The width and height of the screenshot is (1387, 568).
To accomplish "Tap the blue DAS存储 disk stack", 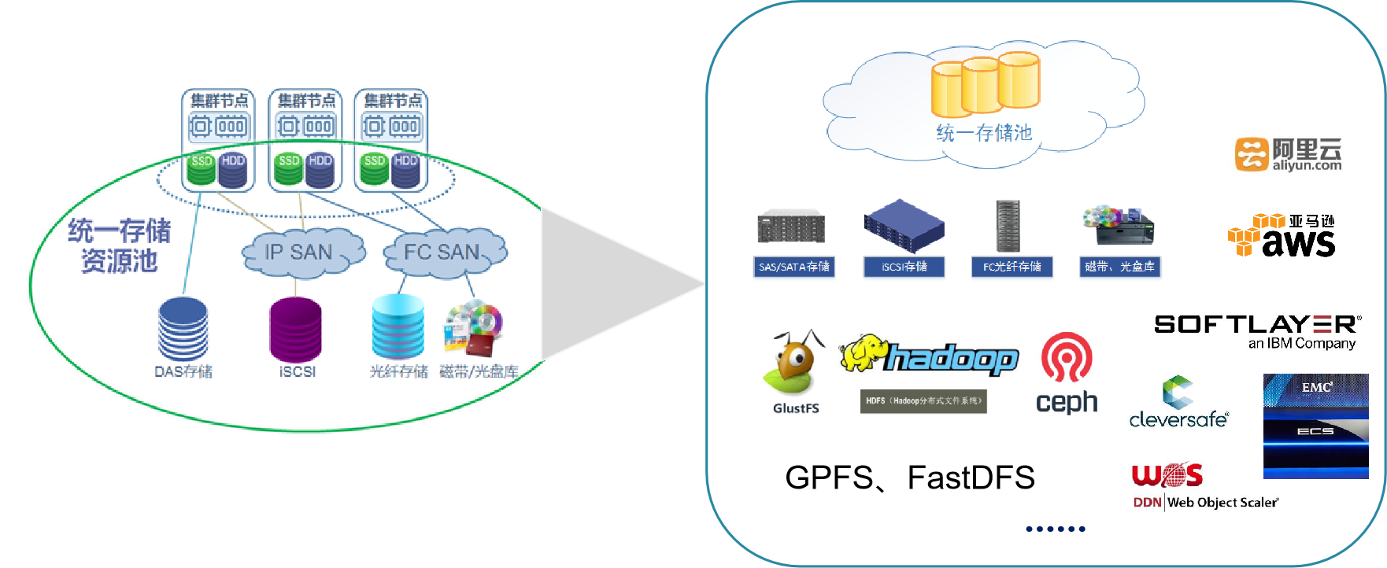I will click(183, 329).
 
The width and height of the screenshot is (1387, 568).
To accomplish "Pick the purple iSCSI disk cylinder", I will click(295, 329).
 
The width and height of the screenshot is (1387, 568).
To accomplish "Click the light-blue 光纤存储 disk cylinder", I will click(398, 326).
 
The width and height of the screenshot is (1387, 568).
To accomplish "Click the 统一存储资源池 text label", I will click(120, 245).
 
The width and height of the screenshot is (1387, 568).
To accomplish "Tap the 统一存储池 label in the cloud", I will click(984, 133).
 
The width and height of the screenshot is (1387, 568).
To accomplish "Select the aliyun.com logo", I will click(1291, 155).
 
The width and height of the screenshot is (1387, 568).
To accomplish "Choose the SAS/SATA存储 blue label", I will click(794, 267).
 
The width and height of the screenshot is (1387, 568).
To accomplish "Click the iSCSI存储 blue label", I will click(904, 267).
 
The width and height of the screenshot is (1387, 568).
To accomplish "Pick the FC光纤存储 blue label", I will click(1012, 267).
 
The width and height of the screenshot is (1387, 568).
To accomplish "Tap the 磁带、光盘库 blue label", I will click(1119, 267).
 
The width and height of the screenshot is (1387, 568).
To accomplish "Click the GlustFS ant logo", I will click(796, 374).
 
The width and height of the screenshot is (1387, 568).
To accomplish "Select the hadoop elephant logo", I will click(929, 358).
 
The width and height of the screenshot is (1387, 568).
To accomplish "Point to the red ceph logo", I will click(1067, 372).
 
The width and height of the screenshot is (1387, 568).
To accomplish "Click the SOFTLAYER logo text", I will click(1257, 324).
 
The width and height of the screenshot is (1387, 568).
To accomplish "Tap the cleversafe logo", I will click(1178, 401).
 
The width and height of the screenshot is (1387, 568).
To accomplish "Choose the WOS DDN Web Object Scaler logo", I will click(1204, 485).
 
